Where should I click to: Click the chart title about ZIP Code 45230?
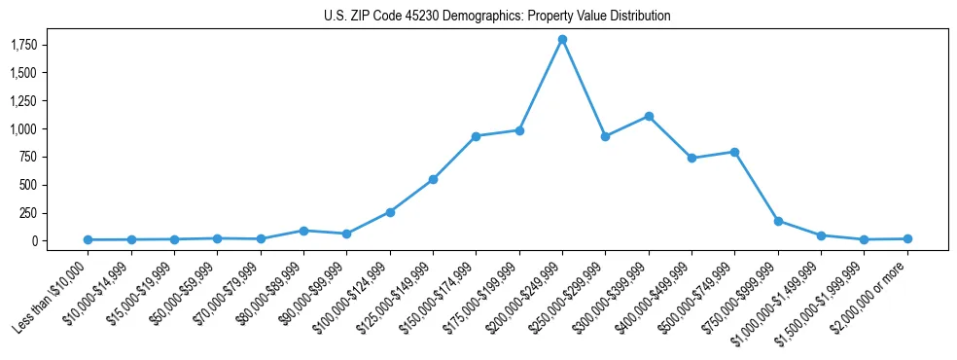[497, 17]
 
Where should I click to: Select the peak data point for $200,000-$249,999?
[562, 39]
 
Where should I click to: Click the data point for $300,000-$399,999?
[649, 116]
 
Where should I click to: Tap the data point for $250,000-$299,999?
[605, 136]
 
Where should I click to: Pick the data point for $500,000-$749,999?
[734, 152]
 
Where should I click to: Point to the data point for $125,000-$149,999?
[433, 179]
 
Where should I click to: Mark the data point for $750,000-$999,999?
[778, 221]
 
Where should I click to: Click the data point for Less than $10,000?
[88, 239]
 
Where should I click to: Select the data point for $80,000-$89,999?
[303, 231]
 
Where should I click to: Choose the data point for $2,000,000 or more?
[907, 238]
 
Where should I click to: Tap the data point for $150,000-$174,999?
[476, 136]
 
